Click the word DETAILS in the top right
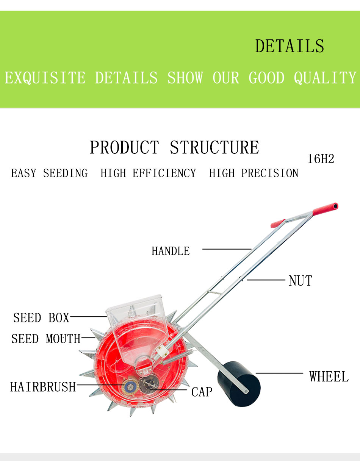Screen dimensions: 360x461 (x=290, y=46)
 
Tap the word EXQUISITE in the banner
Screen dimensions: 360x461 (x=45, y=78)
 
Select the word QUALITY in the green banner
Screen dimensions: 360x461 (x=325, y=78)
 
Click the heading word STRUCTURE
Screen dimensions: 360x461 (x=214, y=147)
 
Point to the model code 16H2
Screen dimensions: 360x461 (x=321, y=159)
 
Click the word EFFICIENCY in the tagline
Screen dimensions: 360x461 (x=148, y=173)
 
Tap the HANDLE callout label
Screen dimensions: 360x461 (x=171, y=251)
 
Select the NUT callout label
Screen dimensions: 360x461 (x=300, y=281)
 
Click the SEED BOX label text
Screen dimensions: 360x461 (x=41, y=318)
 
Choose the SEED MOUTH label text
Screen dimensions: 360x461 (x=46, y=339)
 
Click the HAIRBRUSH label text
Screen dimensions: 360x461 (x=43, y=387)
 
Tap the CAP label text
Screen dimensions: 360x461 (x=202, y=392)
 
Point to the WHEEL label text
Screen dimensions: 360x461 (x=329, y=377)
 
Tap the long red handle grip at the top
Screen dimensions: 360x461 (x=326, y=209)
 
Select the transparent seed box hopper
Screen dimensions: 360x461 (x=138, y=331)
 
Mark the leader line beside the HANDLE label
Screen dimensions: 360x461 (x=227, y=249)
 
